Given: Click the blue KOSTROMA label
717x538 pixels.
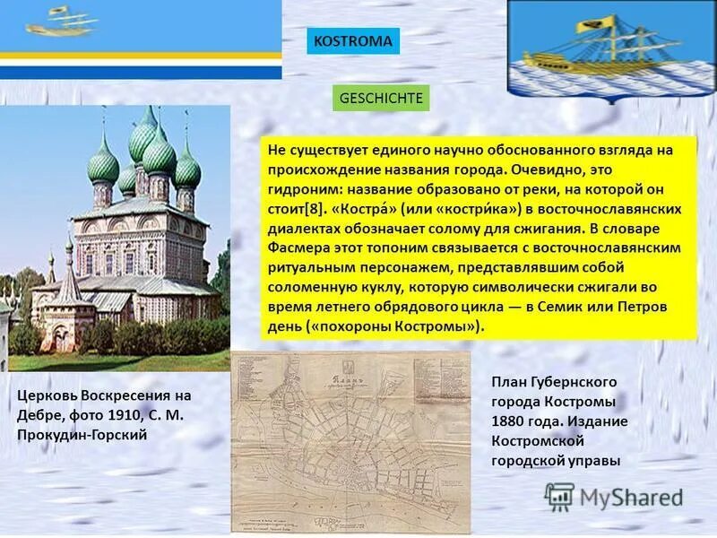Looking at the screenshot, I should point(352,41).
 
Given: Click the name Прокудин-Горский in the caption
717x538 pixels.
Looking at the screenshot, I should point(82,434).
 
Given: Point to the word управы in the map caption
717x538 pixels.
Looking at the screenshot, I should point(594,460).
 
